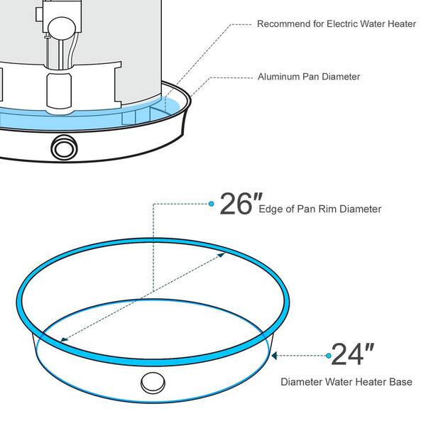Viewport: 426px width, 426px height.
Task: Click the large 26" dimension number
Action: click(241, 204)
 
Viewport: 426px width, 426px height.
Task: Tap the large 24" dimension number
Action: click(352, 354)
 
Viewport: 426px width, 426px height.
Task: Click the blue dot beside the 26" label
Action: click(212, 204)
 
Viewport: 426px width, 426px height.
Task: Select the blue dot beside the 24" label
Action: click(329, 356)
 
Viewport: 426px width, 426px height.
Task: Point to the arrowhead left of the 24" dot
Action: click(274, 356)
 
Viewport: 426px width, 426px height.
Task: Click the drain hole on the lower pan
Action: click(153, 383)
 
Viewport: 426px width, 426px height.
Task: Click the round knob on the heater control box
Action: click(62, 28)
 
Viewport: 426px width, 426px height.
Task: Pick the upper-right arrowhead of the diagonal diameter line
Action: click(222, 255)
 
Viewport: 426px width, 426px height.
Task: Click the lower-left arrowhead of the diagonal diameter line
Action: click(64, 339)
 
